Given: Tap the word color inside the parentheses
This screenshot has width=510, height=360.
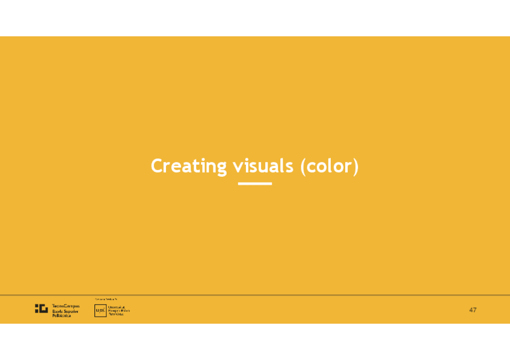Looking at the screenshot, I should click(329, 166).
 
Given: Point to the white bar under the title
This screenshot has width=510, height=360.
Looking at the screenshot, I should click(255, 183).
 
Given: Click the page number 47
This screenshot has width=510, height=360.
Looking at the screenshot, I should click(473, 310).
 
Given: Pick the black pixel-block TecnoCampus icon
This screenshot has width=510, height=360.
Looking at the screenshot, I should click(41, 309).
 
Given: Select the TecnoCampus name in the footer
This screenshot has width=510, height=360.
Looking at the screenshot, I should click(66, 307).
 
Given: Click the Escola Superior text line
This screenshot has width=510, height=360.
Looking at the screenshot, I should click(65, 311).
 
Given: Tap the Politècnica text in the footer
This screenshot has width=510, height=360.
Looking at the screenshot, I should click(61, 315).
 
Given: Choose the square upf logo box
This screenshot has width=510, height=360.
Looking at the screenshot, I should click(100, 311).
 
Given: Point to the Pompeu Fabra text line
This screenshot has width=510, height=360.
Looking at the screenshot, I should click(118, 311).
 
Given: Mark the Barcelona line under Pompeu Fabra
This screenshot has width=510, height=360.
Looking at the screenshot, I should click(115, 314).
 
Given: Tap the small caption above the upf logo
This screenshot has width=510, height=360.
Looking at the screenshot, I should click(106, 299).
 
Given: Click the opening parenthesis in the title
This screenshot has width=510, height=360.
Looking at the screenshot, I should click(303, 166).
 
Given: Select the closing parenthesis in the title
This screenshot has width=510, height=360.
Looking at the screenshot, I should click(355, 166).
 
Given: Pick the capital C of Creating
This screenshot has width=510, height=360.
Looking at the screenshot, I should click(156, 166).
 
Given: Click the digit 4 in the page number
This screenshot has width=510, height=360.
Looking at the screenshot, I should click(471, 310).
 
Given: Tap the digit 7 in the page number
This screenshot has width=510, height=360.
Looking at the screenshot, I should click(475, 310).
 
